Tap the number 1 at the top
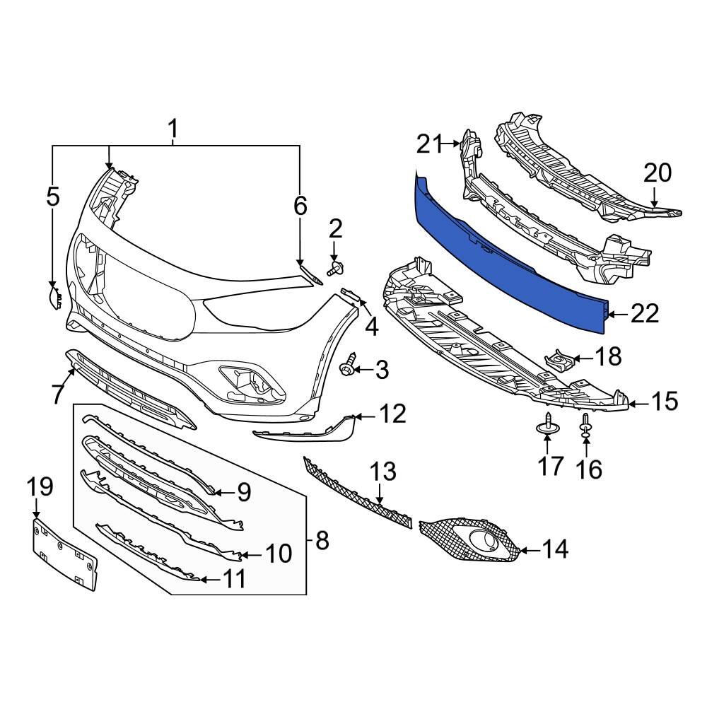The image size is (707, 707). [x=173, y=129]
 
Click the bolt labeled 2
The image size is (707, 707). [x=334, y=267]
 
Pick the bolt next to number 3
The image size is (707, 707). [x=348, y=369]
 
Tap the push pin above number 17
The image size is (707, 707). [x=548, y=424]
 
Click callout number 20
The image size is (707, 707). [x=658, y=173]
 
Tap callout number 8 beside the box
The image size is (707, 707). [x=322, y=541]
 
